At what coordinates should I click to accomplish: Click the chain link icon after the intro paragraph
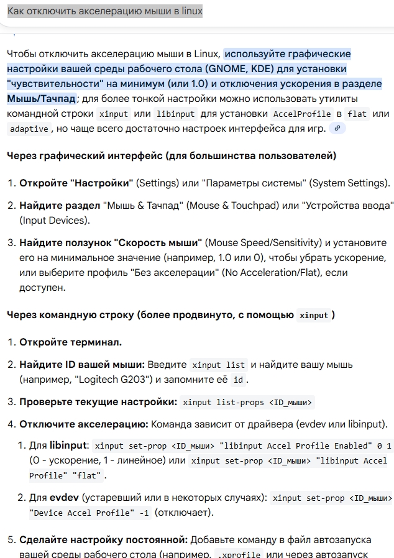337,128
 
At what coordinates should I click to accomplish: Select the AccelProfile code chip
302,114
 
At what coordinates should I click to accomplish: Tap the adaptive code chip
29,129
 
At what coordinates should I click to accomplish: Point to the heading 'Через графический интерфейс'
172,155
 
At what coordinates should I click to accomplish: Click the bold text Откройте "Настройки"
76,183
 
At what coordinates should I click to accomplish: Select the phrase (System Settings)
349,183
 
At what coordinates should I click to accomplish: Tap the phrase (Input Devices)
53,220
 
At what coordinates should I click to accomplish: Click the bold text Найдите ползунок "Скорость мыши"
111,242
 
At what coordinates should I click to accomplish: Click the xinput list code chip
219,365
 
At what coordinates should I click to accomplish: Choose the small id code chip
237,379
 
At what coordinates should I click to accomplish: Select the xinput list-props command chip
247,402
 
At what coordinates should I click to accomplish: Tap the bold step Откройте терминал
70,342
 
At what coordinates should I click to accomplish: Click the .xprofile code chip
239,553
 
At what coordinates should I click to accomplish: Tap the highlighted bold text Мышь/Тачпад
42,98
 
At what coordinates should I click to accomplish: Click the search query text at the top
105,11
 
